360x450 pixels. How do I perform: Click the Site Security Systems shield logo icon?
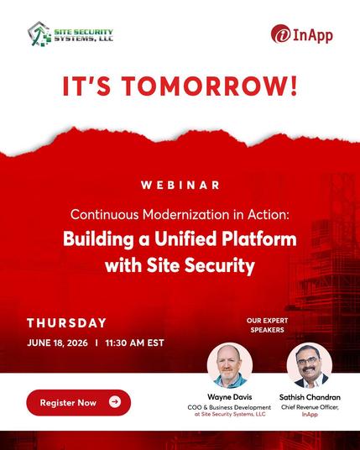click(39, 34)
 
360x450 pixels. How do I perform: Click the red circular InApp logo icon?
click(280, 34)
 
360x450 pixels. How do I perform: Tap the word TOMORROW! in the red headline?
click(211, 86)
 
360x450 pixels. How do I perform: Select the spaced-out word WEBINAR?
click(180, 185)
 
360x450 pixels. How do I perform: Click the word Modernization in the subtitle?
click(186, 214)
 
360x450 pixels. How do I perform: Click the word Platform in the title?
click(259, 238)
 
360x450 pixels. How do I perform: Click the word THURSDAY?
click(67, 323)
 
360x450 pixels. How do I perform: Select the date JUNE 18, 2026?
click(57, 343)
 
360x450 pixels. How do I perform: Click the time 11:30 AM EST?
click(135, 343)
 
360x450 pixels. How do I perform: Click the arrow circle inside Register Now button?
click(115, 402)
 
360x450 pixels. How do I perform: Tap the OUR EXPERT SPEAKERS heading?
click(267, 325)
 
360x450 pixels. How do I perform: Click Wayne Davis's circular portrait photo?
click(230, 365)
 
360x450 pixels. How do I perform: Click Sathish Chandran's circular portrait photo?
click(310, 365)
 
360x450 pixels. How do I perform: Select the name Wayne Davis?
click(229, 397)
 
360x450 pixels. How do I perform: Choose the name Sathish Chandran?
click(310, 397)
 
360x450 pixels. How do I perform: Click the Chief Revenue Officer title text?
click(310, 407)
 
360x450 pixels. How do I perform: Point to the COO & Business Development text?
click(229, 407)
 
